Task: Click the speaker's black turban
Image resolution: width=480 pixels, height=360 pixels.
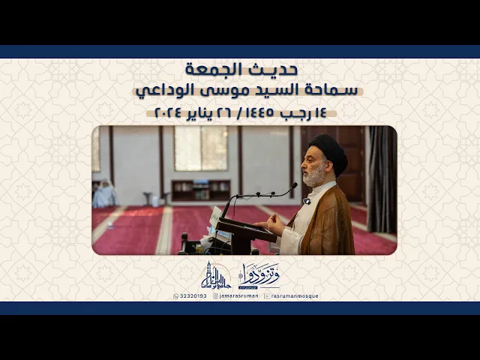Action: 329,149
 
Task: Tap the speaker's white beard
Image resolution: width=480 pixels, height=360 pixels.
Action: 315,177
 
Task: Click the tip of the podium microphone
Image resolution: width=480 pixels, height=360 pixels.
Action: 294,184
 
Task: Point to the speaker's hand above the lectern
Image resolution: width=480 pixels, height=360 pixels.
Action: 275,223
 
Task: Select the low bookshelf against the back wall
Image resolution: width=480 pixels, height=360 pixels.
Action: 200,190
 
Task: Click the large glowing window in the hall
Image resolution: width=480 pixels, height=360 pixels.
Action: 201,148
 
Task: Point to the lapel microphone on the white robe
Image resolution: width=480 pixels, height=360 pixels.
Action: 307,201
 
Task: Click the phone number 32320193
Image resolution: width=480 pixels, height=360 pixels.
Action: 189,296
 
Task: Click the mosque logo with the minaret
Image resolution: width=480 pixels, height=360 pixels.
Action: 214,277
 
